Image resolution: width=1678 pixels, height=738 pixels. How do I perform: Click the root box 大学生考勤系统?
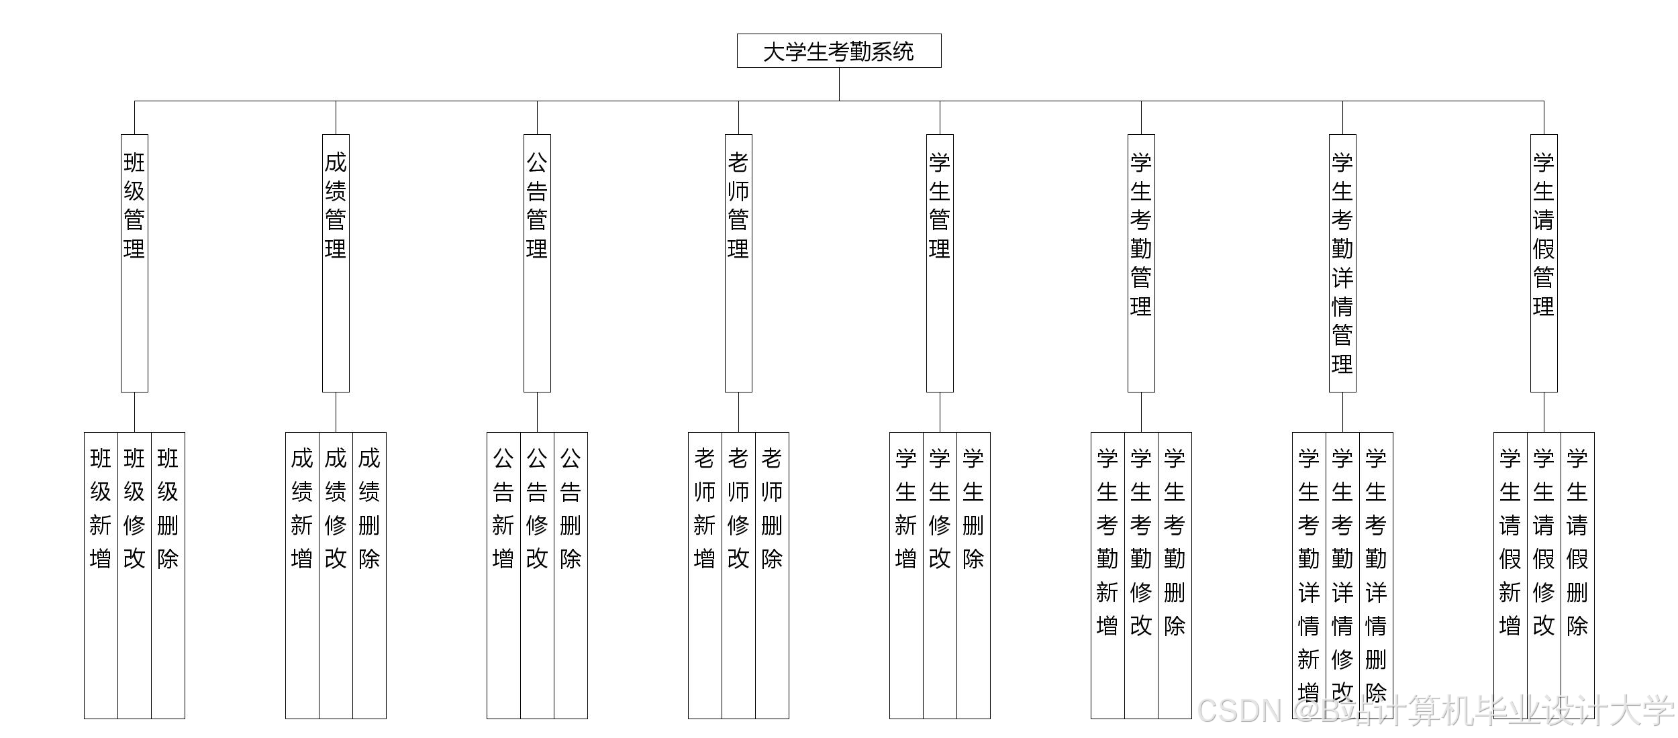(839, 51)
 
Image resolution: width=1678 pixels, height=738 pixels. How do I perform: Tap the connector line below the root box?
(839, 84)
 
